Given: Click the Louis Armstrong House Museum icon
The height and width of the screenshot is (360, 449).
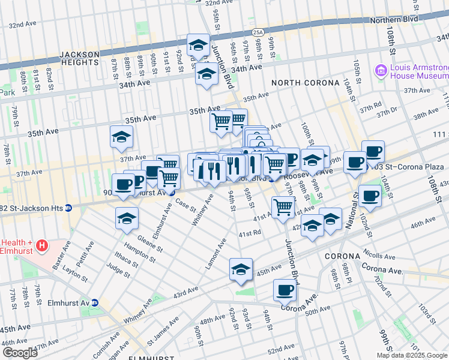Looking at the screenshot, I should (380, 72).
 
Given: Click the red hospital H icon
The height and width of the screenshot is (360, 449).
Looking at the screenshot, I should (41, 245).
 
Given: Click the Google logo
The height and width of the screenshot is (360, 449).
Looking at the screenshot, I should (20, 353).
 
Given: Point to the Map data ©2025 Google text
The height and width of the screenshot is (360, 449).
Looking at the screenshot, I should (412, 355).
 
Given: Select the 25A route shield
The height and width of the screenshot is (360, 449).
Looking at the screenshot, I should (258, 31).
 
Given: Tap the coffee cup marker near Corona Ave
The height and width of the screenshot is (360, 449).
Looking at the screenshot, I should (285, 290).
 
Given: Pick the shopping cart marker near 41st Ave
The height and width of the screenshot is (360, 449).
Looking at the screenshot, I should (283, 208).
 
